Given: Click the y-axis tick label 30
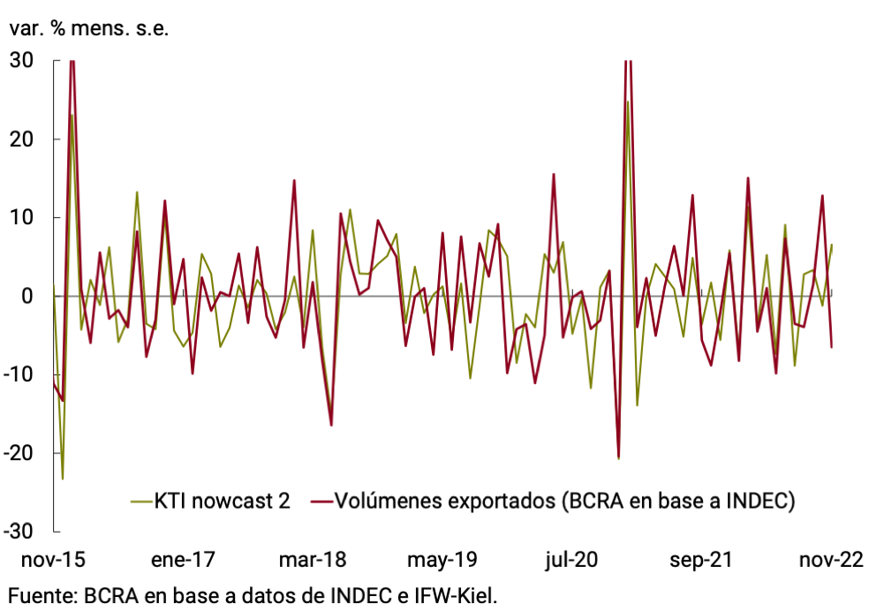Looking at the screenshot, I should [x=21, y=61].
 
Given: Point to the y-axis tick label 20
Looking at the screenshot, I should [x=21, y=140].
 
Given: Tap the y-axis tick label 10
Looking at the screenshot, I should [x=21, y=218].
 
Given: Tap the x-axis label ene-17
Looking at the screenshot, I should [x=183, y=561].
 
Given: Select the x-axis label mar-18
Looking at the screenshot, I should [x=313, y=561].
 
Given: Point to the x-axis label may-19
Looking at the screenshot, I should [x=442, y=561].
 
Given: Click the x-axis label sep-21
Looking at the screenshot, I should [x=702, y=561].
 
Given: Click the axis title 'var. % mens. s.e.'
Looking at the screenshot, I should [x=88, y=27].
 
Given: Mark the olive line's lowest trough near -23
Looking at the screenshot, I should [x=63, y=479].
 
